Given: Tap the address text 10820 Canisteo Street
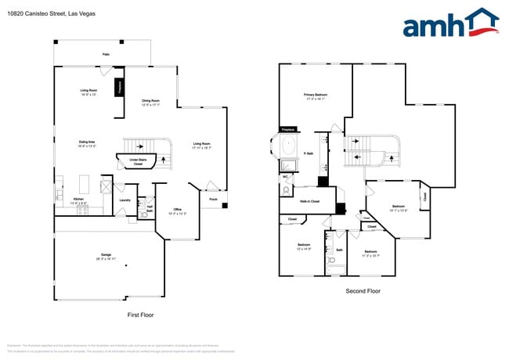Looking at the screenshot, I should [37, 13].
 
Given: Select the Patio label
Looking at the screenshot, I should [106, 54].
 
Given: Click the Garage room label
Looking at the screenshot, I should [105, 256].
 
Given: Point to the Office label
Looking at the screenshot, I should [178, 210].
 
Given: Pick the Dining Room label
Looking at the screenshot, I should [150, 101].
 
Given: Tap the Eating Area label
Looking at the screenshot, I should [87, 142].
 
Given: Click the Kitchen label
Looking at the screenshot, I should [78, 200].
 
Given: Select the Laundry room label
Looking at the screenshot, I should [125, 200].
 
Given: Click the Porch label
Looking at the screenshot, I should [213, 200].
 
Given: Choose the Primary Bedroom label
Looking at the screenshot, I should [316, 95].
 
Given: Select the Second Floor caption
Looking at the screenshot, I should [363, 290].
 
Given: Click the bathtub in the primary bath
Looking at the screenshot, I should [287, 146].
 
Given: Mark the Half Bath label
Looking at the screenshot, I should [149, 209].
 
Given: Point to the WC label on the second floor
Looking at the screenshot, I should [285, 177].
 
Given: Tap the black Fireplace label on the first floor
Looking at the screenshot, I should [120, 86].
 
